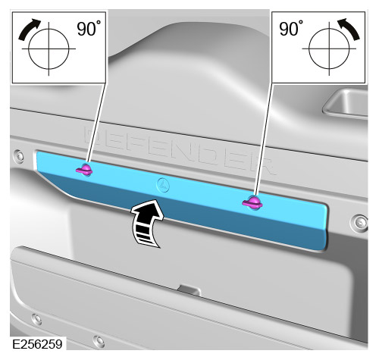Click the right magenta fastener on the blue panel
point(252,202)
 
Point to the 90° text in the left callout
point(90,30)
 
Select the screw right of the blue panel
point(353,224)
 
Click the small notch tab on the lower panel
point(184,289)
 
